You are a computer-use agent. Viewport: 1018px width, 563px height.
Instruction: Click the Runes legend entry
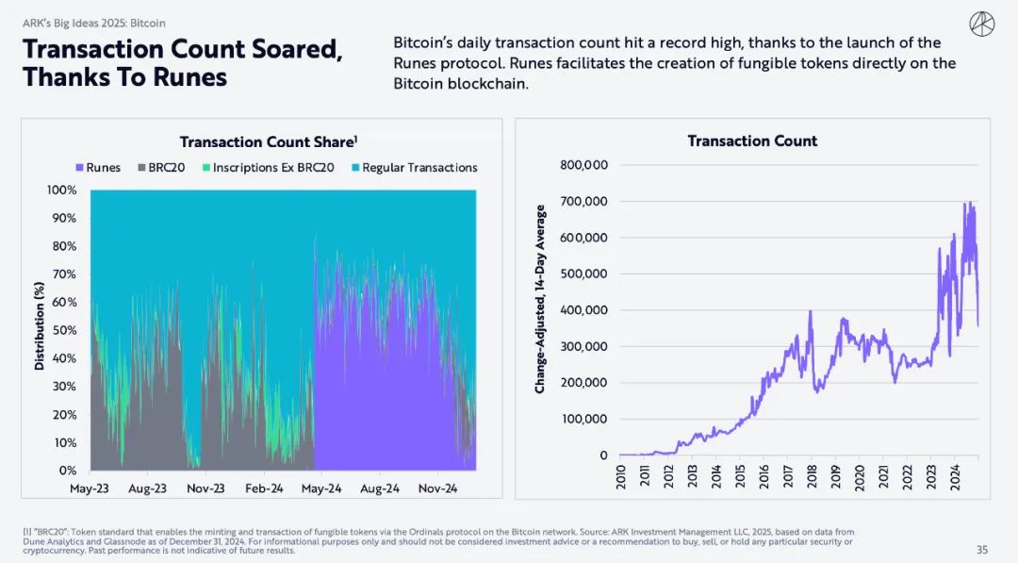click(x=99, y=168)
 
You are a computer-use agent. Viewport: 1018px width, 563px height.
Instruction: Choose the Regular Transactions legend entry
click(x=414, y=168)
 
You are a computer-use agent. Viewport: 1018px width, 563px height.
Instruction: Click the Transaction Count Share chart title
click(x=268, y=142)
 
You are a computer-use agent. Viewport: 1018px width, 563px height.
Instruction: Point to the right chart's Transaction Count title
click(x=752, y=141)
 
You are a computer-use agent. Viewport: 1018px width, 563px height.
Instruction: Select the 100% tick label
click(x=62, y=190)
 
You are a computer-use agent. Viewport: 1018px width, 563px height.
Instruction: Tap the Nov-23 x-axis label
click(x=205, y=488)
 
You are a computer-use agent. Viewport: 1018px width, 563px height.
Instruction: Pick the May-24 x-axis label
click(x=322, y=488)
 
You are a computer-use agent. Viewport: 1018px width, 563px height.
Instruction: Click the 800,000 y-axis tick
click(x=583, y=166)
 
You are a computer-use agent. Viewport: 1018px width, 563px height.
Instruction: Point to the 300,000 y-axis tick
click(x=583, y=347)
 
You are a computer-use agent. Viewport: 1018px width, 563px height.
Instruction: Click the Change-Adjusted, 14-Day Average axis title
click(x=540, y=299)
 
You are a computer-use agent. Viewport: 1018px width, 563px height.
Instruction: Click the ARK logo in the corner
click(x=981, y=24)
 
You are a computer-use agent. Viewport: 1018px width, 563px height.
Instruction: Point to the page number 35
click(x=982, y=550)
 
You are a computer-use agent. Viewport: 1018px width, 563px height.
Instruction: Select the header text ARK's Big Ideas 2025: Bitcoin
click(x=94, y=23)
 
